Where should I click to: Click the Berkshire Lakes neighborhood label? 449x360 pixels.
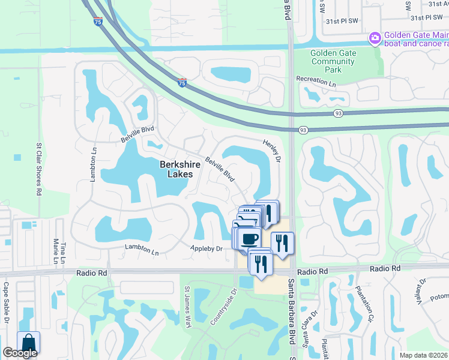176,169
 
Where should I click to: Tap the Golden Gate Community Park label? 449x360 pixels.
333,61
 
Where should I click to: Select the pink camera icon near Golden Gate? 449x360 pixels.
375,38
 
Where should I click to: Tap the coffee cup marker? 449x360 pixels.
249,239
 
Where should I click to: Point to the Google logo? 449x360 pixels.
20,353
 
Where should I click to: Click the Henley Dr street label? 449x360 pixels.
271,150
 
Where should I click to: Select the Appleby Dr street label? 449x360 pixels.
207,248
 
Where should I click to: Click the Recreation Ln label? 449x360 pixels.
316,81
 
